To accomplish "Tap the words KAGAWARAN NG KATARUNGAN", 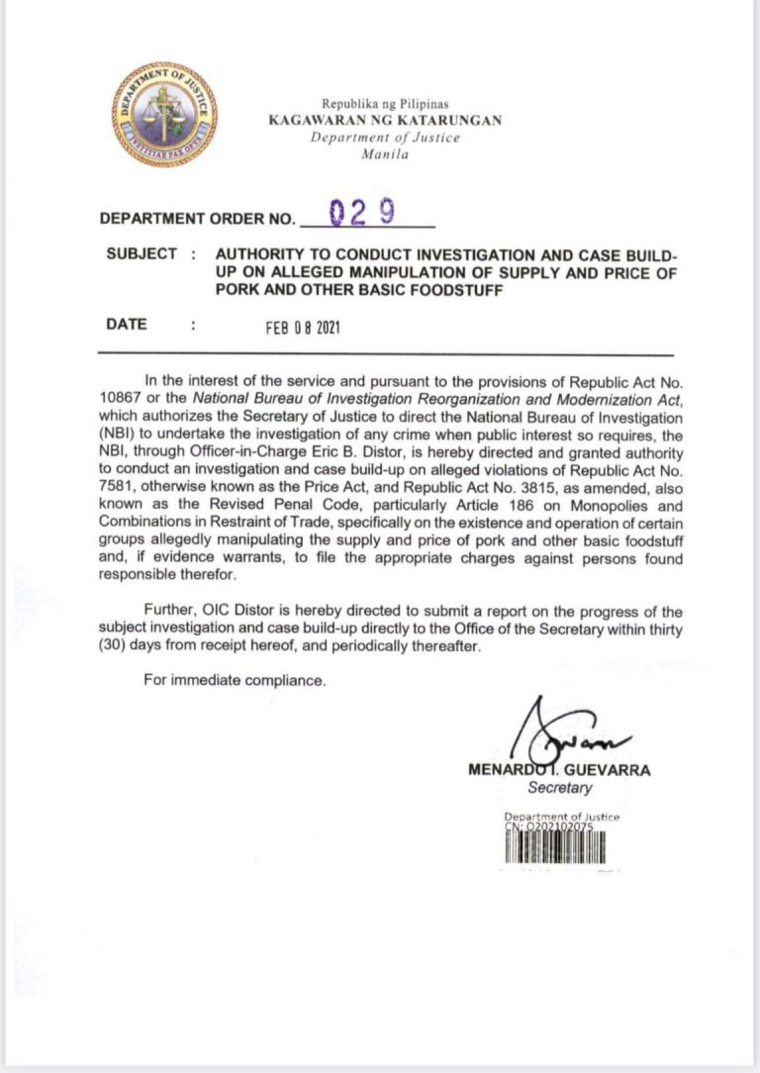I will (385, 120).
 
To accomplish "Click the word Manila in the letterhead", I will (385, 154).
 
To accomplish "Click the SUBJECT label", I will (142, 254).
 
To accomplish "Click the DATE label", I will (127, 324).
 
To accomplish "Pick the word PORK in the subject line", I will (237, 290).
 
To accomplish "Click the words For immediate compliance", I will (234, 681).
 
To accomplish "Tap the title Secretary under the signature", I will (560, 789).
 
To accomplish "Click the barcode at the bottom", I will (555, 847).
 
